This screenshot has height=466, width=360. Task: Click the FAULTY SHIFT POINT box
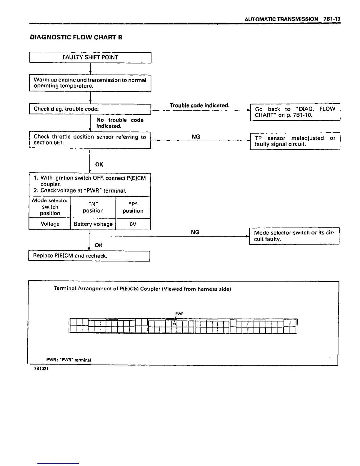pyautogui.click(x=90, y=57)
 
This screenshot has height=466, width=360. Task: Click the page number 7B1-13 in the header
pyautogui.click(x=331, y=19)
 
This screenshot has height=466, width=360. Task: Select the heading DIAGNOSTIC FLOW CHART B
pyautogui.click(x=76, y=37)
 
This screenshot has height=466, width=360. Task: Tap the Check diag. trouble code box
pyautogui.click(x=90, y=109)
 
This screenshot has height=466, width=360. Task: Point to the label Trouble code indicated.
pyautogui.click(x=199, y=105)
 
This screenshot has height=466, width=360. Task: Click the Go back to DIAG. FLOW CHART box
pyautogui.click(x=295, y=112)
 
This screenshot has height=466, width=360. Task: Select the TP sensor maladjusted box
pyautogui.click(x=295, y=141)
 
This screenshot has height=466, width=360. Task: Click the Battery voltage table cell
pyautogui.click(x=93, y=224)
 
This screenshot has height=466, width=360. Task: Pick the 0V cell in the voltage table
pyautogui.click(x=133, y=224)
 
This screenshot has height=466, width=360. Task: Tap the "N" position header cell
pyautogui.click(x=93, y=207)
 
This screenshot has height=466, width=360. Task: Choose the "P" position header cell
pyautogui.click(x=133, y=207)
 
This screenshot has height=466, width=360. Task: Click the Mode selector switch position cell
pyautogui.click(x=50, y=207)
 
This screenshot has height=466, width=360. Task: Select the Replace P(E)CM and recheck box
pyautogui.click(x=89, y=256)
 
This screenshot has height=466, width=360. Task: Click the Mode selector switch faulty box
pyautogui.click(x=294, y=236)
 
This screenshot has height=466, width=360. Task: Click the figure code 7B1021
pyautogui.click(x=41, y=369)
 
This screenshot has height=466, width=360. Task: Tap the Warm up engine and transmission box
pyautogui.click(x=90, y=83)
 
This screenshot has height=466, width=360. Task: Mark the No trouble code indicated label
pyautogui.click(x=120, y=123)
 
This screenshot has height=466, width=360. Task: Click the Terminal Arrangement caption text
pyautogui.click(x=143, y=289)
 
